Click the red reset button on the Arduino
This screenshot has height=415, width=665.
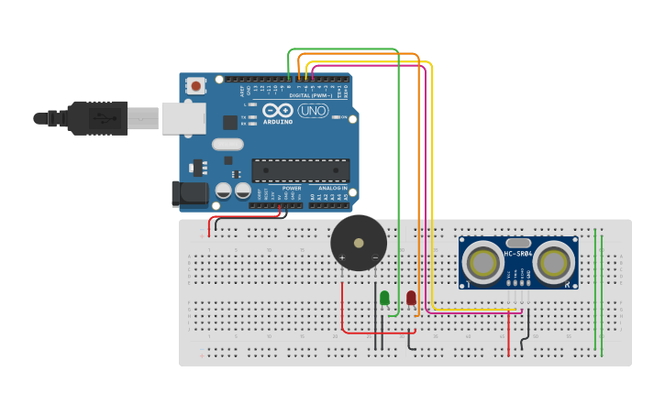(x=195, y=86)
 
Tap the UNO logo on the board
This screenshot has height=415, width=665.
(x=313, y=111)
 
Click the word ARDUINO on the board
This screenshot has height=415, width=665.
(x=278, y=121)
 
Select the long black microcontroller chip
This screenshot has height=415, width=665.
(x=300, y=170)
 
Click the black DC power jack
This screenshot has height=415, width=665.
(x=189, y=192)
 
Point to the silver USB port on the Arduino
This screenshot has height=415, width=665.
(x=183, y=118)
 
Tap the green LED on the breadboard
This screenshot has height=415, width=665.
(x=384, y=298)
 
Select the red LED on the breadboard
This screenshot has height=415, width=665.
(x=411, y=298)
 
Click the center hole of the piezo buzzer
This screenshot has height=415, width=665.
(x=359, y=243)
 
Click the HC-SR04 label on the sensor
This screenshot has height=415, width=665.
(x=518, y=254)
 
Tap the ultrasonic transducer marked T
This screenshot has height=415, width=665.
(x=482, y=263)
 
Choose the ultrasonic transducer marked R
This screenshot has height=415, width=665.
(x=554, y=263)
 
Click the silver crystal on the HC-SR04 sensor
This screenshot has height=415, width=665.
(x=518, y=242)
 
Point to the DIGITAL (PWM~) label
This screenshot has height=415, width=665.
(x=311, y=95)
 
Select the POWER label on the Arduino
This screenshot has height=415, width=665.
(x=291, y=188)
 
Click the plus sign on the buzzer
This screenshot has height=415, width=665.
(x=342, y=257)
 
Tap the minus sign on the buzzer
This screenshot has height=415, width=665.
(x=374, y=257)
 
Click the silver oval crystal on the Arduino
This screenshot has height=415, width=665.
(x=227, y=144)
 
